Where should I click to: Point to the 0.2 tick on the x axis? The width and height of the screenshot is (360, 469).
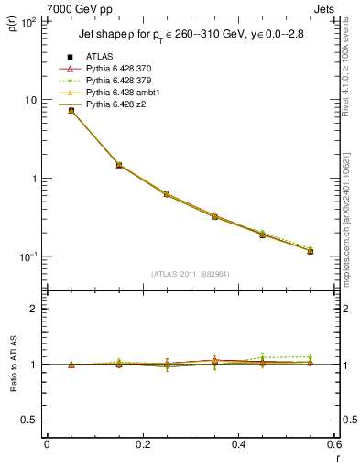pyautogui.click(x=142, y=444)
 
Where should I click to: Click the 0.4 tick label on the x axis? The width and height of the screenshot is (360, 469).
pyautogui.click(x=238, y=444)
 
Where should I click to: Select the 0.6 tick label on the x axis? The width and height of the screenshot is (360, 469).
pyautogui.click(x=333, y=444)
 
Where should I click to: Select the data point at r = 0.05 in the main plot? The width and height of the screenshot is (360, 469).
pyautogui.click(x=71, y=110)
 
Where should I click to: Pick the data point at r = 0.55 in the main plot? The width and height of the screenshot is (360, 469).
pyautogui.click(x=311, y=251)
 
